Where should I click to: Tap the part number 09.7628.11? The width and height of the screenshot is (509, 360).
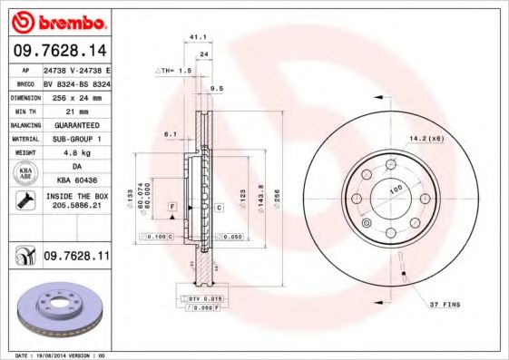[76, 258]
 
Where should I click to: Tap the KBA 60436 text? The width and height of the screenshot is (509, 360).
[77, 181]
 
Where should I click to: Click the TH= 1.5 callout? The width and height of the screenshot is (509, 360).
[177, 70]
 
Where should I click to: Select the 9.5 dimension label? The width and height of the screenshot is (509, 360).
[216, 89]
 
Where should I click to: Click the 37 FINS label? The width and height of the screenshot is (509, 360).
[445, 305]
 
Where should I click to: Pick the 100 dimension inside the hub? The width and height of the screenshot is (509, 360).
[396, 189]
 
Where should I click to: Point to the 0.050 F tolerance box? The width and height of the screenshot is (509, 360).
[206, 308]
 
